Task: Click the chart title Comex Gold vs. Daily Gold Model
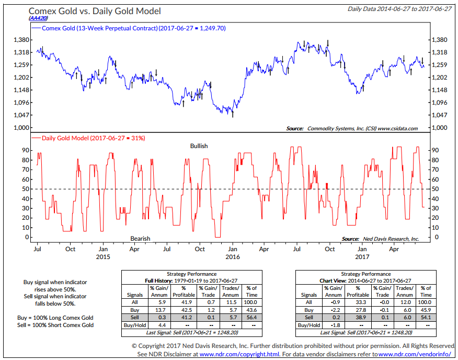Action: click(x=95, y=10)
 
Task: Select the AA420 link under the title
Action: click(x=38, y=18)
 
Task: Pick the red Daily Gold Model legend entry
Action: click(x=89, y=138)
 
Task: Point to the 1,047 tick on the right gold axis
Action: click(x=439, y=115)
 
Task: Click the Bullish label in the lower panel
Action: click(x=199, y=146)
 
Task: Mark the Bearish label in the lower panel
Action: click(x=140, y=239)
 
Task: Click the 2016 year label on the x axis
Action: click(x=232, y=257)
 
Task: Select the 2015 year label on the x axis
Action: click(x=103, y=257)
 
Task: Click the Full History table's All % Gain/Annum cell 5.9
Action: click(x=162, y=302)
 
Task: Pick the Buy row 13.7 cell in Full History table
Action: click(x=162, y=310)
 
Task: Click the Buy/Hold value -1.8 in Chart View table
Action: click(x=336, y=325)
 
